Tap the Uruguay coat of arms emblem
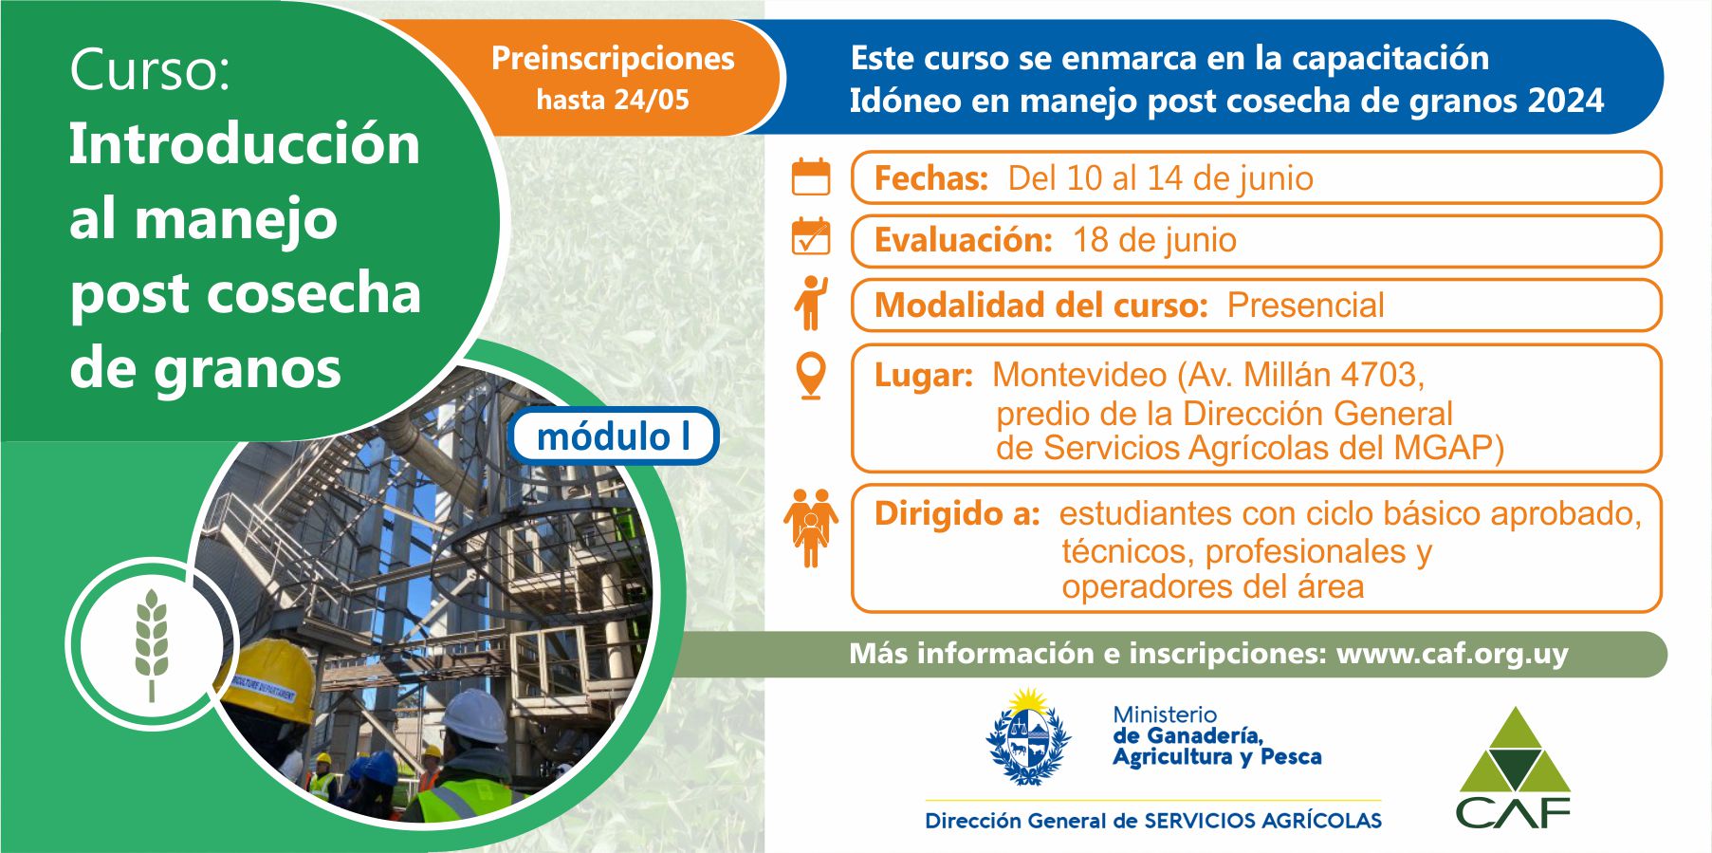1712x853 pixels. pos(1028,737)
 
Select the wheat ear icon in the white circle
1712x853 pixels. pos(152,644)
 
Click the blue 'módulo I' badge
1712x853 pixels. pos(614,436)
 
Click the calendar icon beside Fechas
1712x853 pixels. pos(811,177)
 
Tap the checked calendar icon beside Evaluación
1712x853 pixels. pos(811,236)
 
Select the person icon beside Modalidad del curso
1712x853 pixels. pos(812,303)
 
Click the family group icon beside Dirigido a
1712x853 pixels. pos(811,528)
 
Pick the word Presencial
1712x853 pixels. pos(1305,306)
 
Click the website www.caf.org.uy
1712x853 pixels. pos(1452,654)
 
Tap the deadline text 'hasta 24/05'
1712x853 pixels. pos(613,100)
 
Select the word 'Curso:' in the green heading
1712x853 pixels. pos(150,70)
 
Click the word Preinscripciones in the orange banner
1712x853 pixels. pos(613,59)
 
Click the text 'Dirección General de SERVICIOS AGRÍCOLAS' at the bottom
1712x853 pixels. pos(1153,821)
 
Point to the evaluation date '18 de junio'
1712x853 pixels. pos(1154,241)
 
